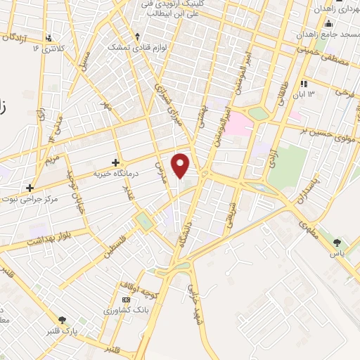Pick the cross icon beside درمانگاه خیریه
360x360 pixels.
(115, 162)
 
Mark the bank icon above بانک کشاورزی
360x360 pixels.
(127, 300)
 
